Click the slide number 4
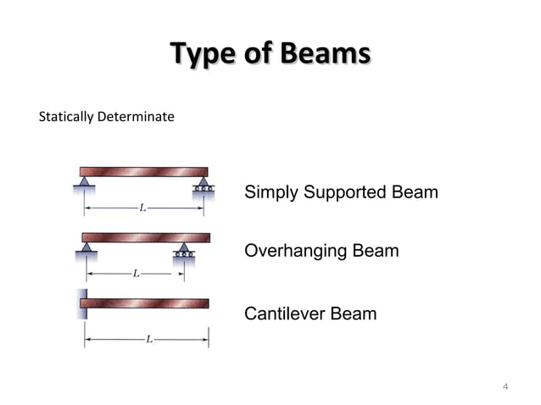click(505, 387)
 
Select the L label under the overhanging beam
click(135, 274)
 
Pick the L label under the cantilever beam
click(148, 340)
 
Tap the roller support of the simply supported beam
click(203, 183)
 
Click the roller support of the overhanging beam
click(183, 249)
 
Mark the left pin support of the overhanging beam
click(86, 247)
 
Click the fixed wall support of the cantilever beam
click(81, 304)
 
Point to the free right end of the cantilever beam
click(206, 303)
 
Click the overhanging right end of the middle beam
click(204, 237)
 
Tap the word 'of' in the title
click(256, 55)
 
